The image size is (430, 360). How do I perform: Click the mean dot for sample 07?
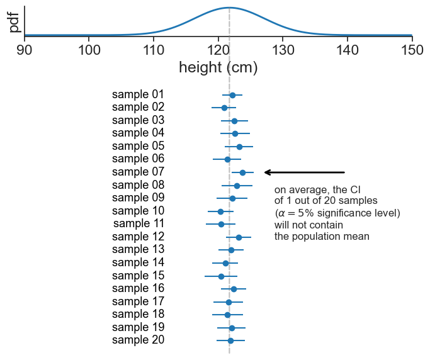click(x=242, y=172)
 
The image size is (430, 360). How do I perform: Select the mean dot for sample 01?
click(x=232, y=95)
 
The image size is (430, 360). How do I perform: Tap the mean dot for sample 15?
click(x=221, y=276)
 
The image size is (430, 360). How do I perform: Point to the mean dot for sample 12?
click(x=239, y=237)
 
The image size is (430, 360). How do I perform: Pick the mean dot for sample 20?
click(x=230, y=340)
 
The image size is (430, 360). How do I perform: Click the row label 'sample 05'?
click(x=138, y=146)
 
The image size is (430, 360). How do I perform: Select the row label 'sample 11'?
click(x=139, y=223)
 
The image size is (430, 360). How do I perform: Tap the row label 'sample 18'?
click(x=138, y=314)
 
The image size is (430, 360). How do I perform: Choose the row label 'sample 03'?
click(x=138, y=120)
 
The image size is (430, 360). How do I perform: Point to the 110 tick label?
click(x=154, y=48)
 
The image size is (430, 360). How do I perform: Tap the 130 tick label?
click(x=283, y=48)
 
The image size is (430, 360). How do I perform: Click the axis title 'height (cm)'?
click(x=218, y=67)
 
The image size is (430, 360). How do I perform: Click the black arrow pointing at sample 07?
click(x=305, y=172)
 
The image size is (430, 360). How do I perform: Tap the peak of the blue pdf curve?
click(x=229, y=8)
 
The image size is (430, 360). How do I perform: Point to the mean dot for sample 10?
click(x=220, y=211)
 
